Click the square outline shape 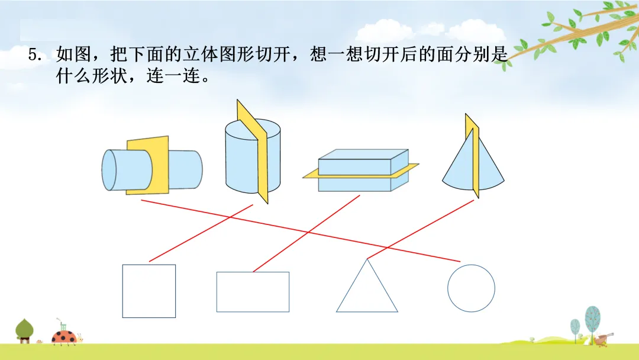(x=149, y=291)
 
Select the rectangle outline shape (x=253, y=292)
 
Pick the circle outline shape (x=471, y=288)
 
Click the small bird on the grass (x=602, y=339)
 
